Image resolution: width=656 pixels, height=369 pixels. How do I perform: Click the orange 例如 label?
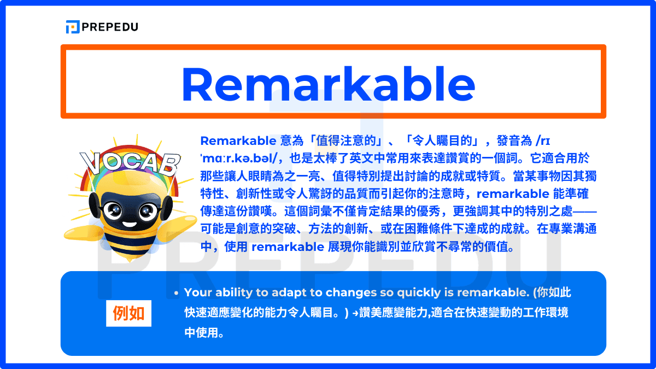tap(128, 314)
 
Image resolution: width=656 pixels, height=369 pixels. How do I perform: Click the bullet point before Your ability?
tap(176, 294)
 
